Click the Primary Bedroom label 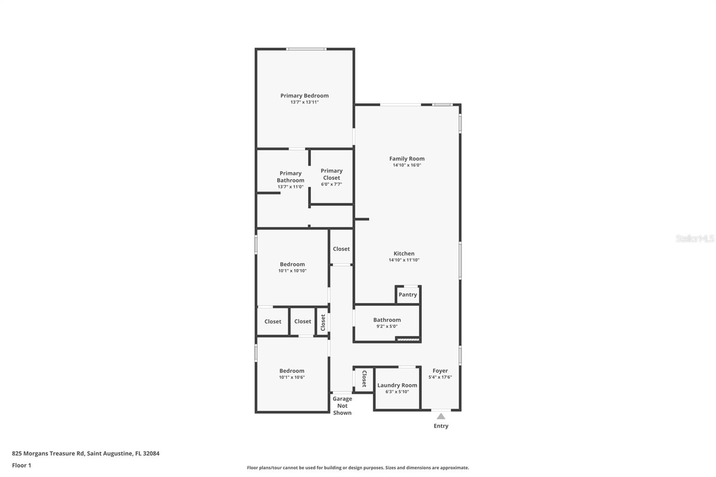[x=304, y=95]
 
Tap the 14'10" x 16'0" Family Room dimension [x=407, y=165]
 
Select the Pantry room [x=408, y=294]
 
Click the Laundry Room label [x=397, y=385]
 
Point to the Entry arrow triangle [x=441, y=416]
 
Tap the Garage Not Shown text [x=342, y=405]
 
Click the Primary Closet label [x=332, y=174]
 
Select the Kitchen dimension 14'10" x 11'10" [x=404, y=260]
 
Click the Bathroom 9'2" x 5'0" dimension [x=387, y=326]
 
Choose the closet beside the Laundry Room [x=364, y=379]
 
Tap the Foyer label [x=440, y=371]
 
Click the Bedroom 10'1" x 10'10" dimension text [x=292, y=271]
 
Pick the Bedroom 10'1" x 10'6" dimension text [x=292, y=377]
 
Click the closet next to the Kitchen [x=341, y=249]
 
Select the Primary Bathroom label [x=290, y=177]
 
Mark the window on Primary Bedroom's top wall [x=306, y=49]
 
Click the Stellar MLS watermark [x=695, y=238]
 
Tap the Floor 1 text [x=21, y=465]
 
